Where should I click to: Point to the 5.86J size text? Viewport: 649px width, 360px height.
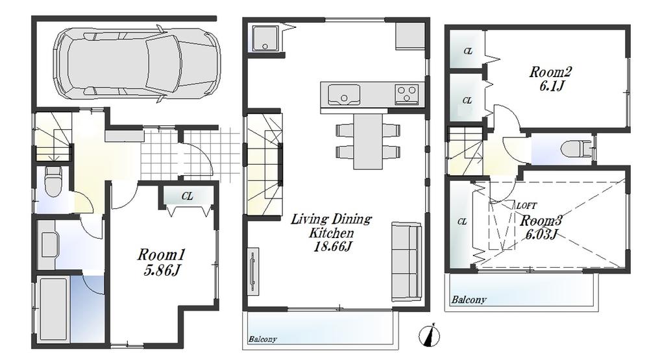point(158,270)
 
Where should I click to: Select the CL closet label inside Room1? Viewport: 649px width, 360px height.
point(187,196)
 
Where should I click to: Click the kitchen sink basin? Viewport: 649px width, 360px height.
point(343,97)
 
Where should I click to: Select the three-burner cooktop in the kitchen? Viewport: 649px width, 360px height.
point(407,95)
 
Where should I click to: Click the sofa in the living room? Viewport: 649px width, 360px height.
point(406,257)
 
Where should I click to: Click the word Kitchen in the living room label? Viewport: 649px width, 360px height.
point(331,233)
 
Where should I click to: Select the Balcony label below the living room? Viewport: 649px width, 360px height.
point(262,339)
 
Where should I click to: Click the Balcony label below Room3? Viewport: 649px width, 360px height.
point(470,300)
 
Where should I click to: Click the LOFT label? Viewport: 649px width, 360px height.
point(526,205)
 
